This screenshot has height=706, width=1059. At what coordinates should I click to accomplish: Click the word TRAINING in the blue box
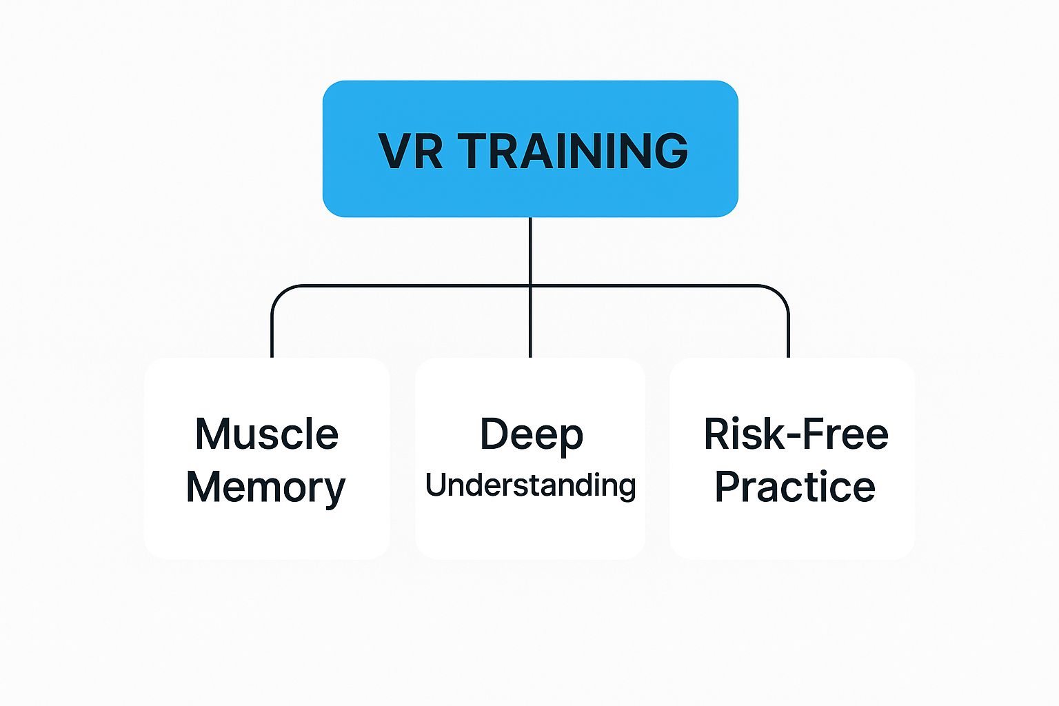(x=573, y=150)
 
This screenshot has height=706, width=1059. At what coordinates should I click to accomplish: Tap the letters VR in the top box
(x=411, y=150)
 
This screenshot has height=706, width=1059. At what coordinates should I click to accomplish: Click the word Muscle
(x=267, y=434)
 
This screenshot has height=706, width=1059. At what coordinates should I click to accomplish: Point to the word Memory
(x=265, y=488)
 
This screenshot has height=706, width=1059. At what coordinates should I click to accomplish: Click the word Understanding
(x=530, y=485)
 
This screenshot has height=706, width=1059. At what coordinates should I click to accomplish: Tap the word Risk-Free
(x=796, y=434)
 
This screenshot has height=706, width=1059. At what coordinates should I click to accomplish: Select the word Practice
(x=795, y=487)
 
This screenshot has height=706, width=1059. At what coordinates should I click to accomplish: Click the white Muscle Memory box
(x=267, y=531)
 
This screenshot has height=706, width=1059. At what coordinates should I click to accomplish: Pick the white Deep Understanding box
(x=530, y=531)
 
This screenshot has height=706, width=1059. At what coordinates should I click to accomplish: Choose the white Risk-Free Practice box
(x=792, y=531)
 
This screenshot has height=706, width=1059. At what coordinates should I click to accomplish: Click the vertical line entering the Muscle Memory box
(x=272, y=338)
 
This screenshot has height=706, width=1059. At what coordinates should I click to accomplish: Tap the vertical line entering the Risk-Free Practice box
(x=788, y=338)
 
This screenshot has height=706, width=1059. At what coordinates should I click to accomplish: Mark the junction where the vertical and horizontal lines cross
(x=530, y=285)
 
